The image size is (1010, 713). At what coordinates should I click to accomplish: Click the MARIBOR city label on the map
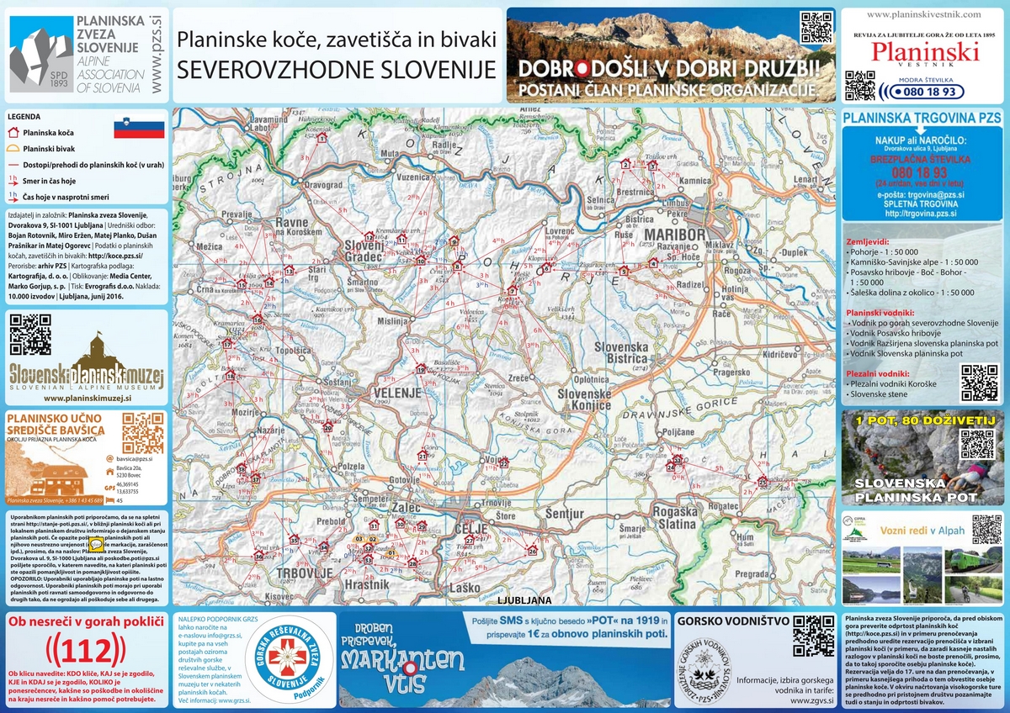click(673, 233)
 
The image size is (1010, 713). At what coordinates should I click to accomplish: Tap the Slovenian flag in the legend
click(139, 129)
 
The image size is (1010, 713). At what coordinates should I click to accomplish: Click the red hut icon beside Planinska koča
click(13, 132)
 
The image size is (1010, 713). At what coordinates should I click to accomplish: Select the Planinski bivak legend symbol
click(13, 148)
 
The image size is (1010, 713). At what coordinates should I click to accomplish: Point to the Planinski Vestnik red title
click(924, 52)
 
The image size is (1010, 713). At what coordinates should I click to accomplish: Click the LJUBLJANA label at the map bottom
click(524, 600)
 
